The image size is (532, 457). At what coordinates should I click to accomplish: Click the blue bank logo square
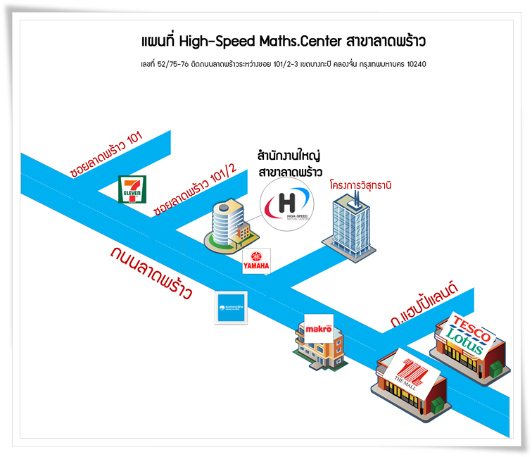click(232, 308)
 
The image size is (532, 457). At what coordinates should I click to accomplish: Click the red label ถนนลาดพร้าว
click(151, 273)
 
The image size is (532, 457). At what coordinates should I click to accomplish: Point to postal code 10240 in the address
click(413, 64)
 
